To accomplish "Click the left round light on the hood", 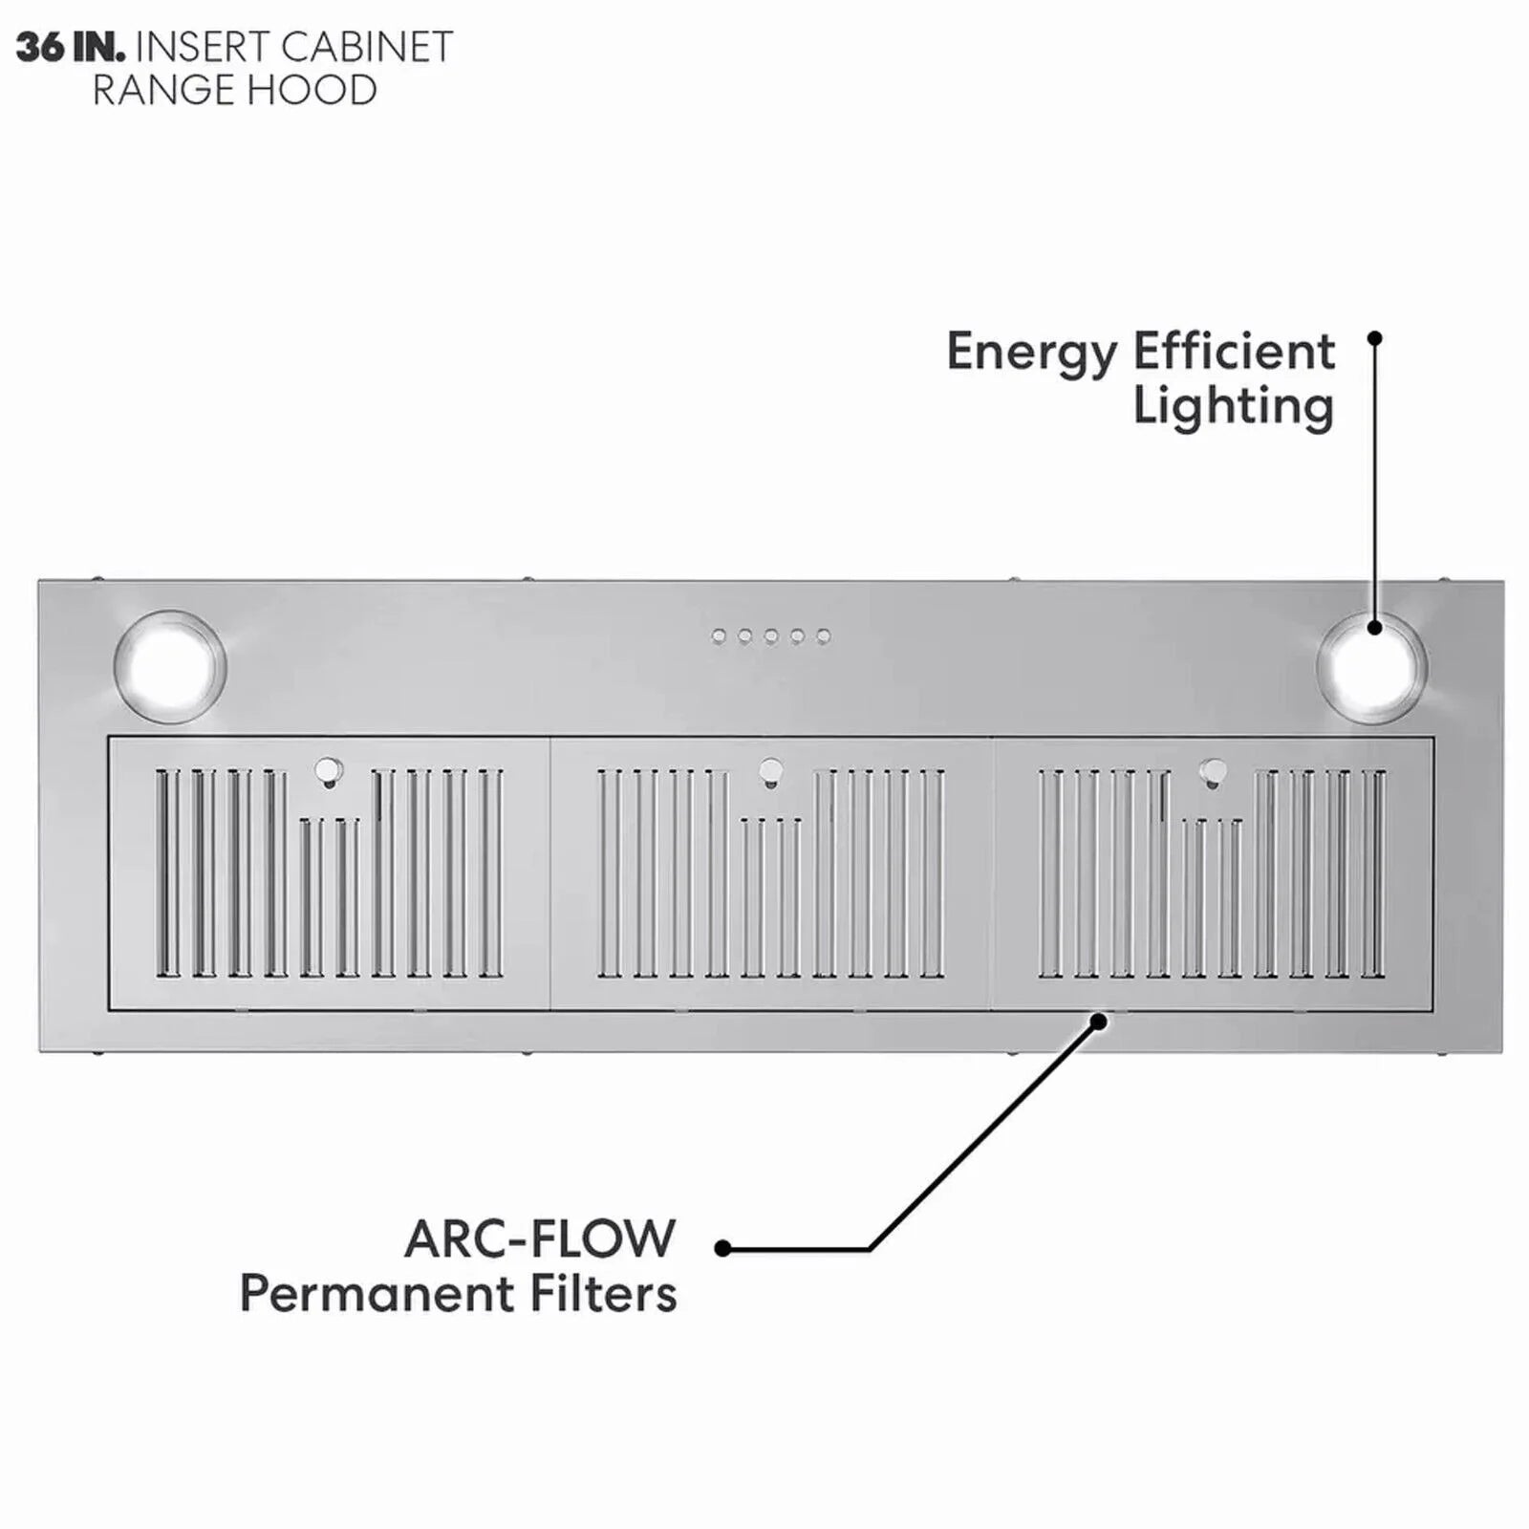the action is point(169,665).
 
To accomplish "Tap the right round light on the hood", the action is point(1371,666).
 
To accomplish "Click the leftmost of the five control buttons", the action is point(719,636).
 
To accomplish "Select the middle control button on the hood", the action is point(771,636).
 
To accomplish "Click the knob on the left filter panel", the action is point(328,770).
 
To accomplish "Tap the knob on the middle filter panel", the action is point(770,770).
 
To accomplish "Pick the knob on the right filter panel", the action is point(1213,770).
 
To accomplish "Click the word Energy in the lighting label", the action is point(1031,354).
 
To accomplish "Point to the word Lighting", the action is point(1234,407).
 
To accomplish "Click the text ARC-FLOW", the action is point(540,1238).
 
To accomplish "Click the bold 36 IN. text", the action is point(71,48).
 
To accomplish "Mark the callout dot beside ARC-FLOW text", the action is point(722,1248).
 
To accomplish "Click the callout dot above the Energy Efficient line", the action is point(1375,338).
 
